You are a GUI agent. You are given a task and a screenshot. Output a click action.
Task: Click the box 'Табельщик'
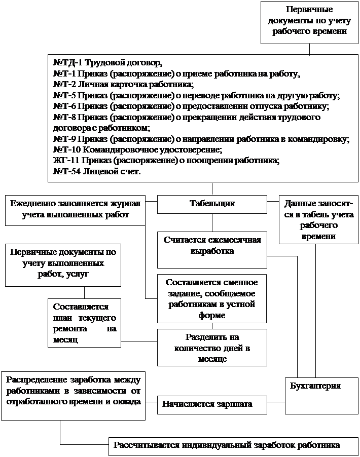click(212, 204)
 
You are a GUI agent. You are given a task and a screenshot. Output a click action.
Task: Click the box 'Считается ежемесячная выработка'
click(212, 250)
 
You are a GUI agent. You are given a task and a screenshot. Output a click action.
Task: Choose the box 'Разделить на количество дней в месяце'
click(212, 347)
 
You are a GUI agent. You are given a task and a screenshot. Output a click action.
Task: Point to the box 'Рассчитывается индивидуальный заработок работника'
click(226, 446)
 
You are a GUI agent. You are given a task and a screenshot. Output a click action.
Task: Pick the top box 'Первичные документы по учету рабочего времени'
click(309, 21)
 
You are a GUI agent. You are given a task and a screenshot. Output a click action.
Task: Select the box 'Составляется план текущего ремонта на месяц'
click(85, 322)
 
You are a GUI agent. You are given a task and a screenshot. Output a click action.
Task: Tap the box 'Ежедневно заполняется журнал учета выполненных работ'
click(75, 210)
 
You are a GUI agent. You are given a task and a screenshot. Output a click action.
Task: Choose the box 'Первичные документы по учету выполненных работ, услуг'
click(63, 264)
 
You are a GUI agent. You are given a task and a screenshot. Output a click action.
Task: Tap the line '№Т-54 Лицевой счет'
click(97, 172)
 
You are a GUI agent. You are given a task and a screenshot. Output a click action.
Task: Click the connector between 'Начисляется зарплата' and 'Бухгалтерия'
click(276, 402)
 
